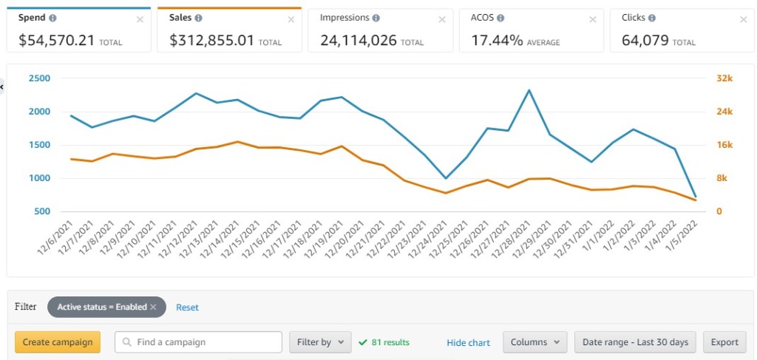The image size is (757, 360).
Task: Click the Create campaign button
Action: pyautogui.click(x=58, y=342)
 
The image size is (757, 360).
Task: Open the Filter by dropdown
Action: pyautogui.click(x=319, y=342)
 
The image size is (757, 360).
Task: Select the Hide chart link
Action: pyautogui.click(x=468, y=343)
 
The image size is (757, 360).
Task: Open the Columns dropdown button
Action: pyautogui.click(x=534, y=342)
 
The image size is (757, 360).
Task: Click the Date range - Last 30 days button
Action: pyautogui.click(x=634, y=342)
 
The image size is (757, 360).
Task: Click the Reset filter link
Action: pyautogui.click(x=187, y=307)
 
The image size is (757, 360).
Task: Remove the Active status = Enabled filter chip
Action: pyautogui.click(x=153, y=307)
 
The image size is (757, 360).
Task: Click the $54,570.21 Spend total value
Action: pyautogui.click(x=57, y=41)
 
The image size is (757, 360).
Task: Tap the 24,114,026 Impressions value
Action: pyautogui.click(x=358, y=41)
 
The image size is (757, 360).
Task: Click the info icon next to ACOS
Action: pyautogui.click(x=500, y=18)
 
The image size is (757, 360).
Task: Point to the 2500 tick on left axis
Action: pyautogui.click(x=40, y=78)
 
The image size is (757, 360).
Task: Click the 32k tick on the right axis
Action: pyautogui.click(x=725, y=78)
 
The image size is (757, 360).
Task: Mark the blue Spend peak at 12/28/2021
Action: pyautogui.click(x=529, y=90)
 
